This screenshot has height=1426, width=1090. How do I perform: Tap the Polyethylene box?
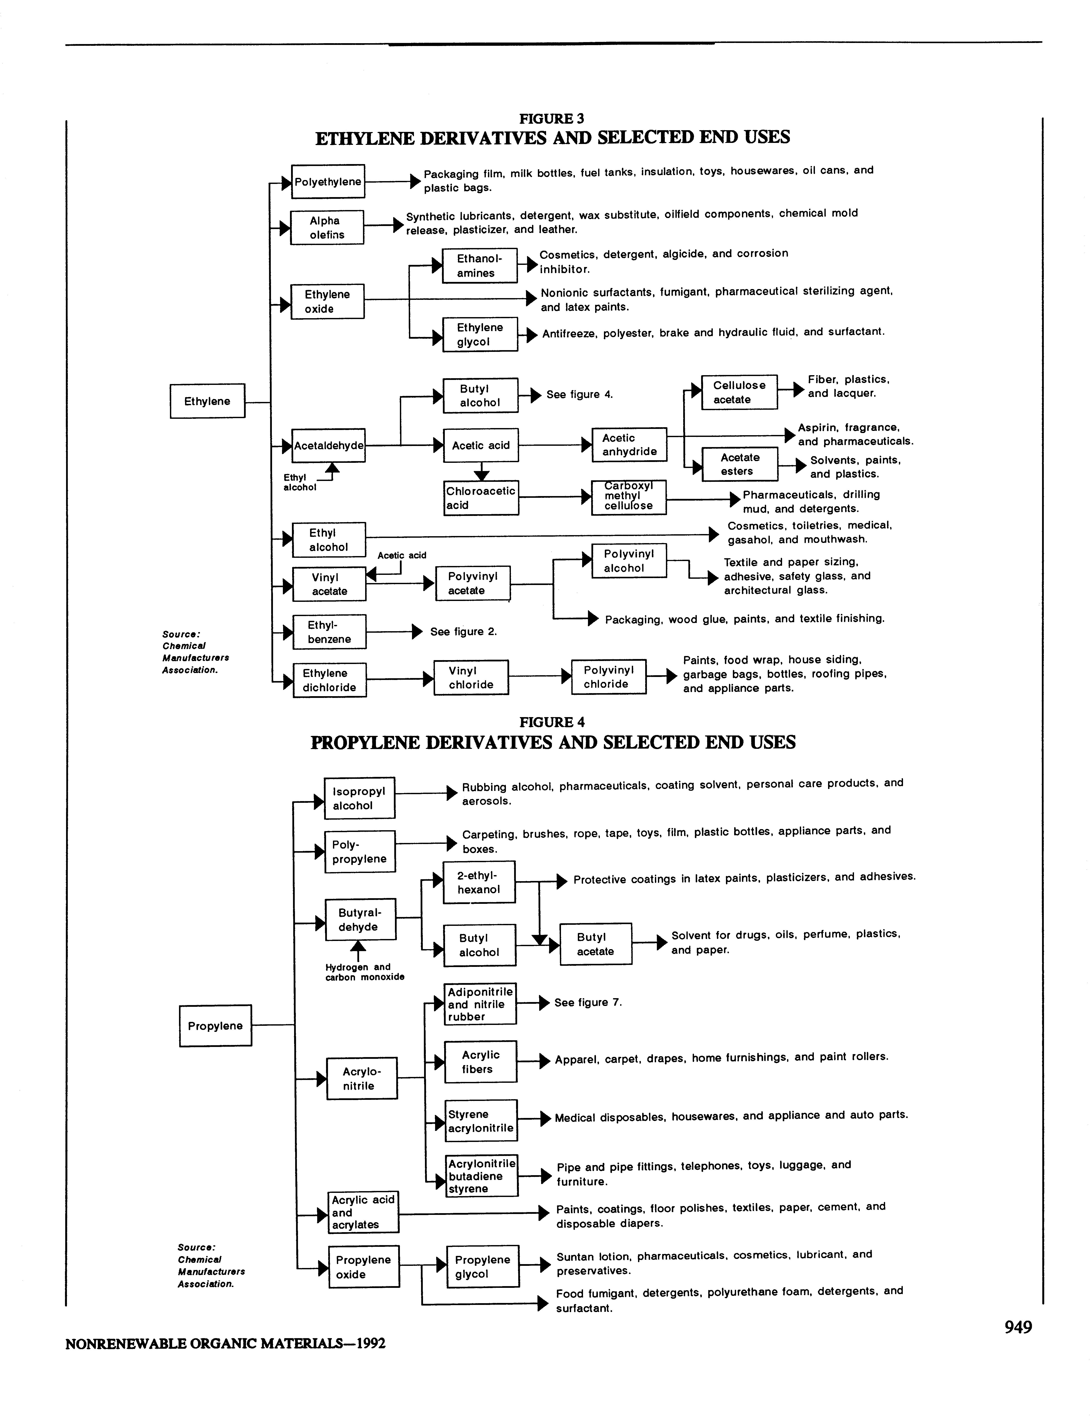(328, 182)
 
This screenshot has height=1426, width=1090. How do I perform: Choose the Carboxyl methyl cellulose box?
(628, 497)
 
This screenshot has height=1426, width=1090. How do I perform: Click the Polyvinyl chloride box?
(608, 677)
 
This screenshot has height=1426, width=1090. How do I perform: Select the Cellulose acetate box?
(739, 392)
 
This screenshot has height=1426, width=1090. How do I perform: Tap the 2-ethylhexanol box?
(479, 882)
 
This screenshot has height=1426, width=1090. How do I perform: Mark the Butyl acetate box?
(595, 944)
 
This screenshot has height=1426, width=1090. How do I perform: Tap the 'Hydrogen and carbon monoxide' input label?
(365, 972)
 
